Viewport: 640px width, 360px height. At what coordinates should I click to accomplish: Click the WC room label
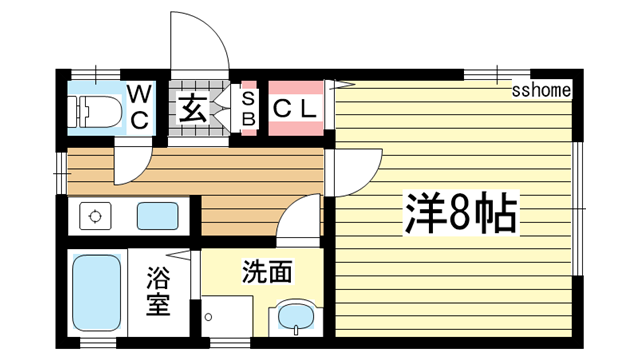pos(140,107)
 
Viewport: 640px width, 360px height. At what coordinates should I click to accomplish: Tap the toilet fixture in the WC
pos(96,111)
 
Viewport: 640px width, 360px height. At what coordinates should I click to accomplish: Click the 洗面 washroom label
pos(267,270)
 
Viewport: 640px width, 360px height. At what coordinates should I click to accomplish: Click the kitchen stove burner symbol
pos(96,216)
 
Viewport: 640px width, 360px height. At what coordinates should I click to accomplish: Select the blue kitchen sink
pos(155,215)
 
